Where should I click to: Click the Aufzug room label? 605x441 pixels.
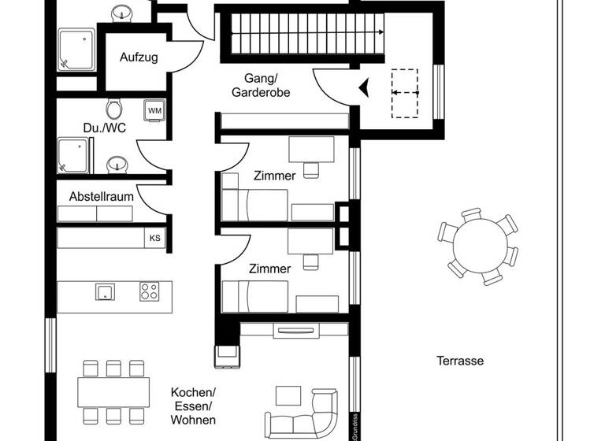139,57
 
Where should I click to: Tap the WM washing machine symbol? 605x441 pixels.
154,111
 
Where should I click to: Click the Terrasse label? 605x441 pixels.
460,361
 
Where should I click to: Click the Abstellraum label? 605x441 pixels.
101,195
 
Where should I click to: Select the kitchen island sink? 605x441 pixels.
106,291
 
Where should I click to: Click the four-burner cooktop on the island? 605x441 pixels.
150,291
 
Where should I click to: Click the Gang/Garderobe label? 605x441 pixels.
261,85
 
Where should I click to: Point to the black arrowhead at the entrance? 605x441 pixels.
364,89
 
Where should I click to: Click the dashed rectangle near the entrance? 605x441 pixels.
405,93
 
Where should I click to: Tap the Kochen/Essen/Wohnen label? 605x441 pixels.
193,406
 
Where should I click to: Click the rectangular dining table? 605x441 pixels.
113,391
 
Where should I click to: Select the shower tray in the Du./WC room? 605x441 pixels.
75,155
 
